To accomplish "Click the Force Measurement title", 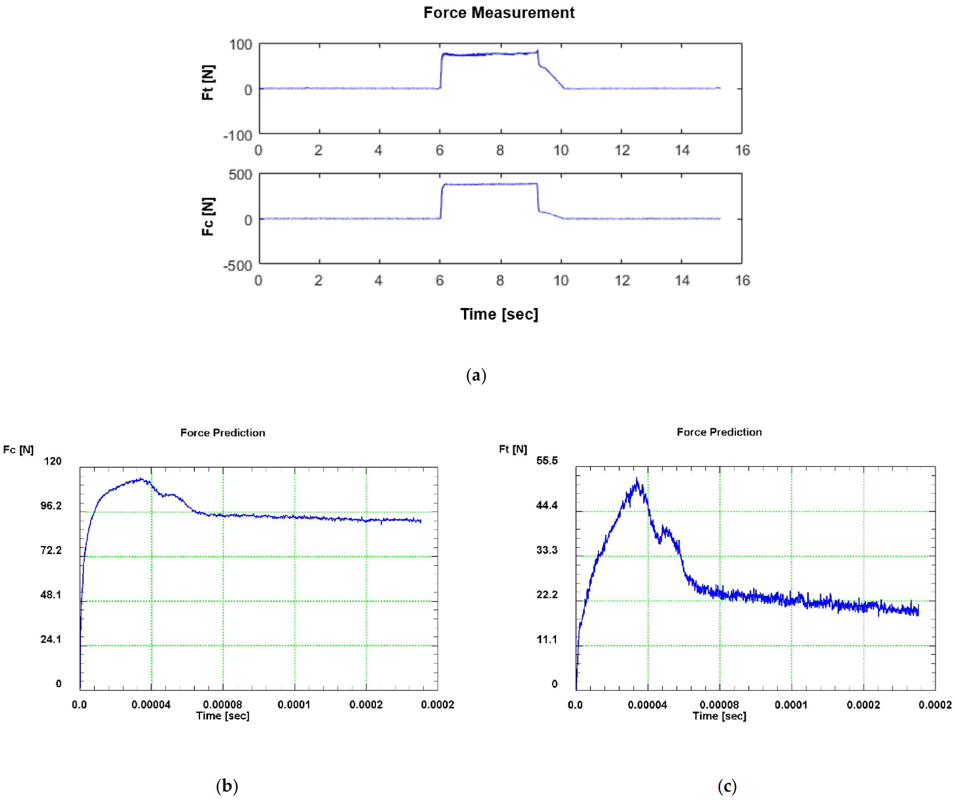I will click(499, 13).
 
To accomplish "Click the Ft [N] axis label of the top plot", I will click(208, 82).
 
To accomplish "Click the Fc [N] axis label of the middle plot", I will click(208, 216).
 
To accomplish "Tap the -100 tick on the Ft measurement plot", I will click(237, 136).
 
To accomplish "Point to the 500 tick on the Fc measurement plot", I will click(240, 175).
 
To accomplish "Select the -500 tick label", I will click(237, 266).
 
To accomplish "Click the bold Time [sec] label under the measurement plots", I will click(499, 314).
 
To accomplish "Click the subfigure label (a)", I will click(476, 376).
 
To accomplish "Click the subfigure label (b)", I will click(227, 786).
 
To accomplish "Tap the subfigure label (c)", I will click(727, 786).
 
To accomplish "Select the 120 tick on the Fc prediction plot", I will click(52, 461).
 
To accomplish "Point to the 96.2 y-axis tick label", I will click(51, 506).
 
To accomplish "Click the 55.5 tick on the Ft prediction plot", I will click(547, 461).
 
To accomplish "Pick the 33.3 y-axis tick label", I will click(547, 550).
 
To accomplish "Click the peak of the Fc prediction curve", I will click(142, 479).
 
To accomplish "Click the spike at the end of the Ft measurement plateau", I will click(538, 50).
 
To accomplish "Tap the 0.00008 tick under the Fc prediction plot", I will click(223, 705).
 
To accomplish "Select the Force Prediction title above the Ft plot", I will click(719, 432).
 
